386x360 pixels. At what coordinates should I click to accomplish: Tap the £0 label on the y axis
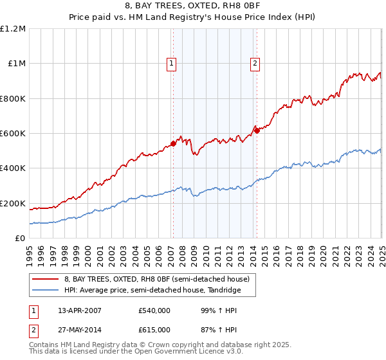click(x=20, y=239)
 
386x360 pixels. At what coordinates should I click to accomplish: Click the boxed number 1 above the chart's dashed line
click(x=172, y=63)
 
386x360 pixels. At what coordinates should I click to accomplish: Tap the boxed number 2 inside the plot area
click(x=255, y=63)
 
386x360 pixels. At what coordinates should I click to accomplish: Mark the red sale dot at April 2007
click(x=173, y=144)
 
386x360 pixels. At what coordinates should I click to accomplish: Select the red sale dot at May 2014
click(x=257, y=131)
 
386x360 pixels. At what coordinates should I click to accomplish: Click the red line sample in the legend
click(x=45, y=279)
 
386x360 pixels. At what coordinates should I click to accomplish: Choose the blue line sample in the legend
click(x=45, y=291)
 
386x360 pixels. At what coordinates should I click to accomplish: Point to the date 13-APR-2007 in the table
click(x=80, y=310)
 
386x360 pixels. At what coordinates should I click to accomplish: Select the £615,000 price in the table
click(x=154, y=329)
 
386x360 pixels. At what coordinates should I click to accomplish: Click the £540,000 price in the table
click(x=154, y=310)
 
